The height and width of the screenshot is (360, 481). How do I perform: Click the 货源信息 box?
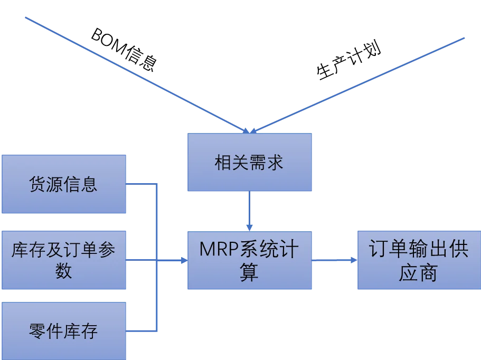(63, 184)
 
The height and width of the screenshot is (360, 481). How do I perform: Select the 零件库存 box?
(63, 331)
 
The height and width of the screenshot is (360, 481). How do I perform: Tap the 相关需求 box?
(249, 162)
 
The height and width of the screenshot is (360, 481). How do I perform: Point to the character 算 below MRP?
(249, 273)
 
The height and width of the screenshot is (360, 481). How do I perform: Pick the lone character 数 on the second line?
(63, 271)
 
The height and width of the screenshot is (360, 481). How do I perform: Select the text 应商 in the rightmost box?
(418, 273)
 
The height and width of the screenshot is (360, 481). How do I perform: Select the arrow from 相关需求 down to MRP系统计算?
(249, 210)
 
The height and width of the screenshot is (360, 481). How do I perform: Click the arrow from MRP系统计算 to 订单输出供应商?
(334, 260)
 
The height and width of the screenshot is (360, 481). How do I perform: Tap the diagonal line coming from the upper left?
(132, 73)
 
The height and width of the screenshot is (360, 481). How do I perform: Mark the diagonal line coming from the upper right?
(359, 84)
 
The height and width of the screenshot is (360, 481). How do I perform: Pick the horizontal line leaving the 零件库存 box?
(142, 331)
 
